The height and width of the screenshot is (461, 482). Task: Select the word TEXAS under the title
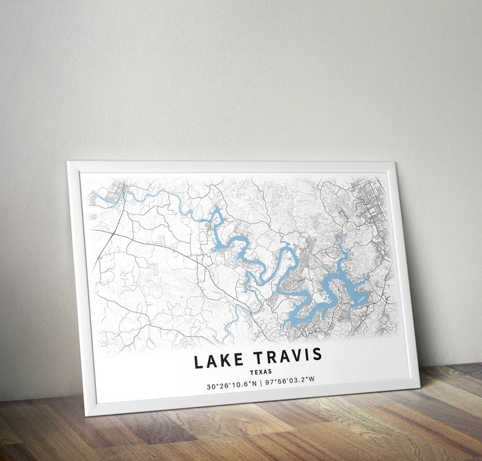click(260, 372)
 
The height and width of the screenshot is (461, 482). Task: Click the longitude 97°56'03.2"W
click(290, 380)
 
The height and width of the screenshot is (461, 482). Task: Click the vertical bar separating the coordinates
click(261, 383)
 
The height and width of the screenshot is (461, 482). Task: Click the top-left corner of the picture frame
click(69, 163)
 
